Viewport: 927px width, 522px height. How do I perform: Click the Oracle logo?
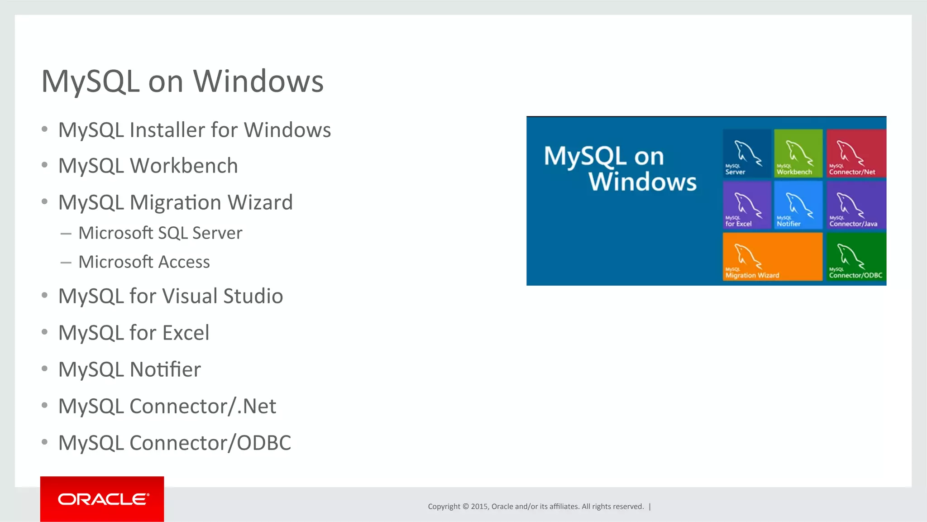point(102,499)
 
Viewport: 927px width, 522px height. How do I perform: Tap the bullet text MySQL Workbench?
point(148,166)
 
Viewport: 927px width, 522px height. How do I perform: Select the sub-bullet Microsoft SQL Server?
point(160,233)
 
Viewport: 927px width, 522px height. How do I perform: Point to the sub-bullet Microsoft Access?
point(144,262)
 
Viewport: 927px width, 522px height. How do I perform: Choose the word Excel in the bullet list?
point(186,333)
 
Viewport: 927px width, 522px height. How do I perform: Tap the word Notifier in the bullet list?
point(165,369)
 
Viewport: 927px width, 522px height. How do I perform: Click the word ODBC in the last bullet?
point(264,443)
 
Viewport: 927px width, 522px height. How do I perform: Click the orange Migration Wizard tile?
point(772,256)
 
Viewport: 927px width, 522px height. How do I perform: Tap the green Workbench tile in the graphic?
point(798,153)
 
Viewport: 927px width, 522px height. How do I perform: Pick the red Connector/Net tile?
point(855,153)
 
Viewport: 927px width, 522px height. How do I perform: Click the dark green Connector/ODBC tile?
point(855,256)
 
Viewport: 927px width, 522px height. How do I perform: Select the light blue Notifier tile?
point(798,205)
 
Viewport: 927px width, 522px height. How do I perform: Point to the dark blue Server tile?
point(746,153)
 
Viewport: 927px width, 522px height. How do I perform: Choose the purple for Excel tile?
point(746,205)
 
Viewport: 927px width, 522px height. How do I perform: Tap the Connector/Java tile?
point(855,205)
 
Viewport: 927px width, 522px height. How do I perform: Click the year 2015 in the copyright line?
point(479,507)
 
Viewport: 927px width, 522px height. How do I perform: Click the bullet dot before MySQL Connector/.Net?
point(44,406)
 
